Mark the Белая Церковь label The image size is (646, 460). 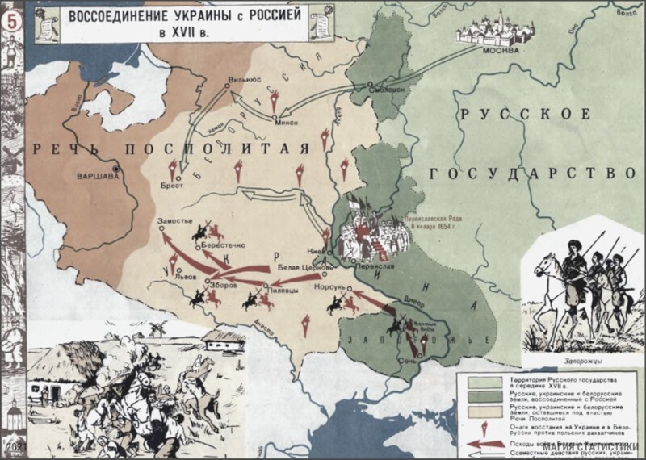300,266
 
